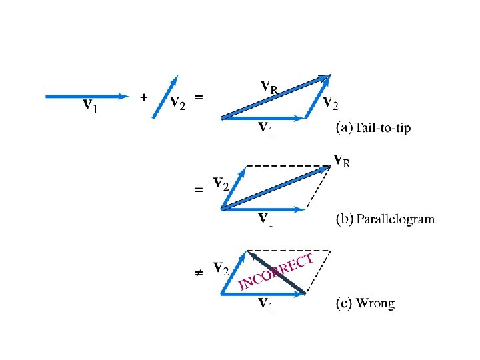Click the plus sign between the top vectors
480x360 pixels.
pyautogui.click(x=143, y=97)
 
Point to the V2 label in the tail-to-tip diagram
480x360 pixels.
pyautogui.click(x=330, y=103)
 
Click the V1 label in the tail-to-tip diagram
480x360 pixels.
pyautogui.click(x=266, y=128)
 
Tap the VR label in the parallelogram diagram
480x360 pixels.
pyautogui.click(x=342, y=160)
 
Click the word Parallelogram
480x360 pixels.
pyautogui.click(x=395, y=219)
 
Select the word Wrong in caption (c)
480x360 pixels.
pyautogui.click(x=375, y=304)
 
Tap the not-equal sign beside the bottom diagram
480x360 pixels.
pyautogui.click(x=198, y=273)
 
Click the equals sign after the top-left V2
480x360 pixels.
pyautogui.click(x=199, y=97)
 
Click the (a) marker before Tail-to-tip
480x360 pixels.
pyautogui.click(x=344, y=128)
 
